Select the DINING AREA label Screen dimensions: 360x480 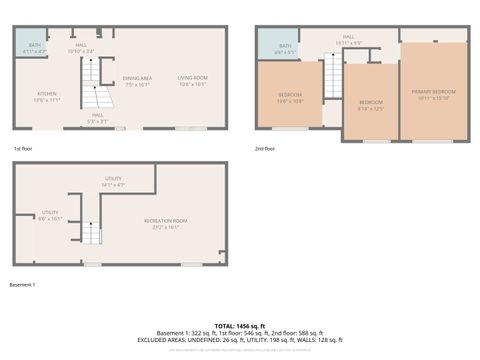tap(137, 81)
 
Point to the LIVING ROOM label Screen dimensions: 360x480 tap(192, 81)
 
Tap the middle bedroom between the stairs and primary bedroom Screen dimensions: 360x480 tap(371, 104)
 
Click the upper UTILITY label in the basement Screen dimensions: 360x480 tap(113, 181)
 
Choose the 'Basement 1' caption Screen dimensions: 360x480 tap(22, 285)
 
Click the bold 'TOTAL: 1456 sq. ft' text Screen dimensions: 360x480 tap(239, 326)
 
